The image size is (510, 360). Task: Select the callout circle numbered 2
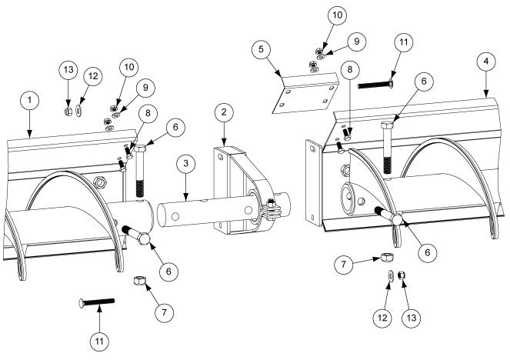(x=223, y=113)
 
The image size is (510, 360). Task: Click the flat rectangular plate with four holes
(x=307, y=94)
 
